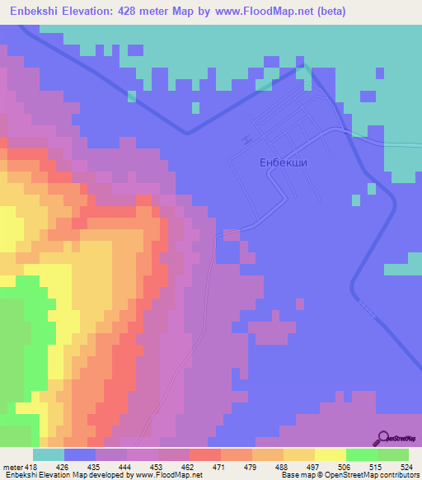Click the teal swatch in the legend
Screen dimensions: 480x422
(49, 454)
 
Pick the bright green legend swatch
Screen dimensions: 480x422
(362, 454)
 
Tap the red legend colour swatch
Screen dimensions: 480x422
(205, 454)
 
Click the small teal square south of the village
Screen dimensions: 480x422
(356, 200)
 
